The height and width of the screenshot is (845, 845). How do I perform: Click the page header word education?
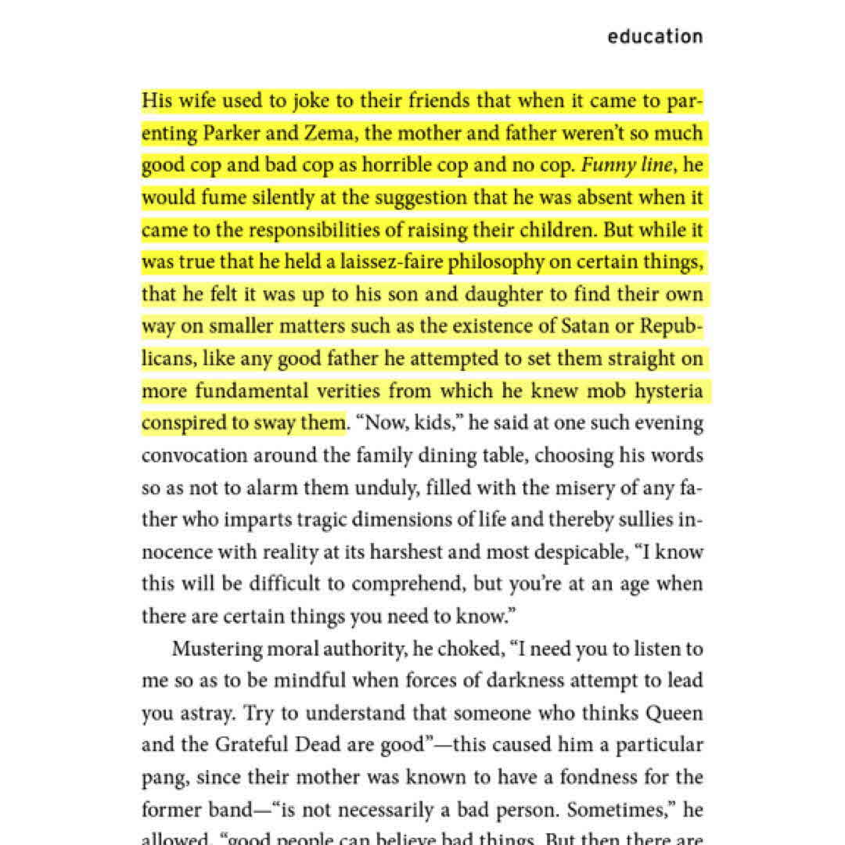coord(655,37)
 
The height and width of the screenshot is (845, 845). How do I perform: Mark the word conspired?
coord(182,423)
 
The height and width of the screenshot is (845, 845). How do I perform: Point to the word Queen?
coord(675,714)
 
